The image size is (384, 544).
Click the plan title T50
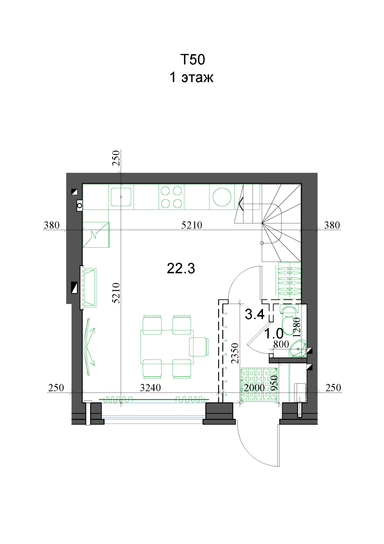193,59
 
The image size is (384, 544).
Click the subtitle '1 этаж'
191,78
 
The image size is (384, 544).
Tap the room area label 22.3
181,269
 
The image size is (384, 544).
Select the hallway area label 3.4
254,314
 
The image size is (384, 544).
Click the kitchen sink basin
121,197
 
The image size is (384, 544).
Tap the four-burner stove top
171,197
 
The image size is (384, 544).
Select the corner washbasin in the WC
298,348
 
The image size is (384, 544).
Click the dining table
167,347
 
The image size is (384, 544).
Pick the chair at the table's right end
199,347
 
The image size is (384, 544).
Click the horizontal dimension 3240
150,388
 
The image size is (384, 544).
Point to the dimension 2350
235,353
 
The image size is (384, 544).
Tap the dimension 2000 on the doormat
254,388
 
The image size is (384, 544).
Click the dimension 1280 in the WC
297,327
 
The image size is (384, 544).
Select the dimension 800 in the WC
281,345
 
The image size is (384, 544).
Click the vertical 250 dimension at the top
116,158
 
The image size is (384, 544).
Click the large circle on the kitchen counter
222,197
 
